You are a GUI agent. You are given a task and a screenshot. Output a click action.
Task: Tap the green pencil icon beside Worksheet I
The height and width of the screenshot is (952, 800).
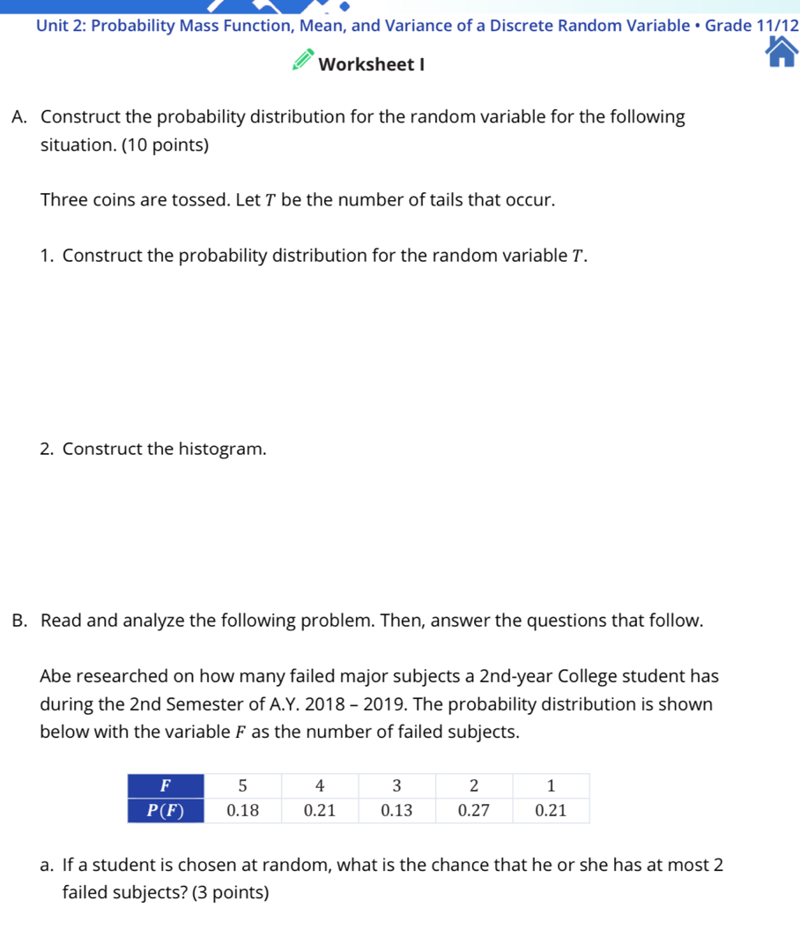302,63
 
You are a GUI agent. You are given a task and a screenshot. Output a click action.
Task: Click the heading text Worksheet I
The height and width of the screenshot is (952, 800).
371,64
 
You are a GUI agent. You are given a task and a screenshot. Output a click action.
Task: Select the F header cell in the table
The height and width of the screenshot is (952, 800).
166,785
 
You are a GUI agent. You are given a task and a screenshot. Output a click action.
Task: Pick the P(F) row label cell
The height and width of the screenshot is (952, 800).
166,810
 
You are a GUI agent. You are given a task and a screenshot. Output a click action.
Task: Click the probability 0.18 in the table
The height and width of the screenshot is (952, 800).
242,810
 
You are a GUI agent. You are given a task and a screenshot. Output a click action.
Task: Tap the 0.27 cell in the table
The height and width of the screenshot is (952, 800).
473,810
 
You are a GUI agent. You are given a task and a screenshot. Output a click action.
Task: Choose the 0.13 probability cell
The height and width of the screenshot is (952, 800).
396,810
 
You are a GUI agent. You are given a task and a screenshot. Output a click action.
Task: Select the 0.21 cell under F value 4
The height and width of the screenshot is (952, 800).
319,810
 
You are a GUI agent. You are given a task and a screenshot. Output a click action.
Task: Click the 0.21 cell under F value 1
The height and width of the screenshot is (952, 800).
551,810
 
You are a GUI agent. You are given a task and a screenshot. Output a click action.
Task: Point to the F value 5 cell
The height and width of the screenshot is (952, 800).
242,785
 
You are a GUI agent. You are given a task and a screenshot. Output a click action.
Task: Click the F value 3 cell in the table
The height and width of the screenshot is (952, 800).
396,785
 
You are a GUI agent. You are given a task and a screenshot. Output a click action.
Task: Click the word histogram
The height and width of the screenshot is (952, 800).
221,449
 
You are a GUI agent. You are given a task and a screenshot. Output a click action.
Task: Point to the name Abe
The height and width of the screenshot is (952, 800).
56,676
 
